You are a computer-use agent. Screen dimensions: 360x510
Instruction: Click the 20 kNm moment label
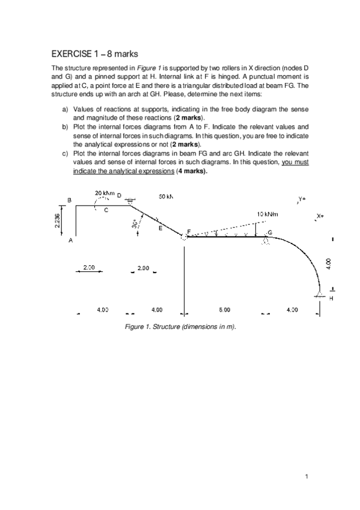click(105, 192)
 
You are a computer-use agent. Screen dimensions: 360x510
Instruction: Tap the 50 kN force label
click(166, 196)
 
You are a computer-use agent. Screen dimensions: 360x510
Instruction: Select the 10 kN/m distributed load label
click(266, 214)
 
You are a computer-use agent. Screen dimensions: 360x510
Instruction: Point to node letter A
click(70, 241)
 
